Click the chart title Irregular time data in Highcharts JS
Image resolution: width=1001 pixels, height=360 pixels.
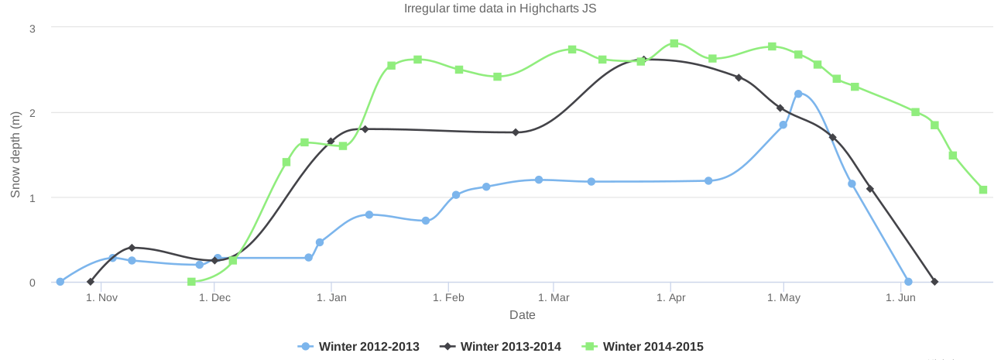point(500,9)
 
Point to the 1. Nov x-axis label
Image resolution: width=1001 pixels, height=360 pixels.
point(101,298)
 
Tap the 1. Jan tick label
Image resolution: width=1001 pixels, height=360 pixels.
point(331,298)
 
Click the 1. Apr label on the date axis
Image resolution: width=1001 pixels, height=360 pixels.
point(671,298)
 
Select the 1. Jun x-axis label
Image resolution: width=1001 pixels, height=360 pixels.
point(900,298)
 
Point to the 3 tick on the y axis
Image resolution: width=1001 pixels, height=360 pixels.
point(33,28)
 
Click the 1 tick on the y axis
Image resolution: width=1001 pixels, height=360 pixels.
point(33,197)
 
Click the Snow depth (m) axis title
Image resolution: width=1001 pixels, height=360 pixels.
point(15,154)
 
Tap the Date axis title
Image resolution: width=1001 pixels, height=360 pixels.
point(523,315)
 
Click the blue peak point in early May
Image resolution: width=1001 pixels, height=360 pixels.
point(798,94)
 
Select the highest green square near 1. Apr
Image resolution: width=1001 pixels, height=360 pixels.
point(674,43)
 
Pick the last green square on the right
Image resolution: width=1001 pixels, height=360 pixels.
point(983,190)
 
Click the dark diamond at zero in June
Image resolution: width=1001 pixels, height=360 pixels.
point(934,282)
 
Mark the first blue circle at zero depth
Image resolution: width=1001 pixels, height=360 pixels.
point(60,282)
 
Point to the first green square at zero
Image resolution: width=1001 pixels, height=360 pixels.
point(191,282)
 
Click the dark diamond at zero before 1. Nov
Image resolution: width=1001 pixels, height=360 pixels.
point(91,282)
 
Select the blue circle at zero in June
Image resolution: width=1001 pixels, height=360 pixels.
point(908,282)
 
